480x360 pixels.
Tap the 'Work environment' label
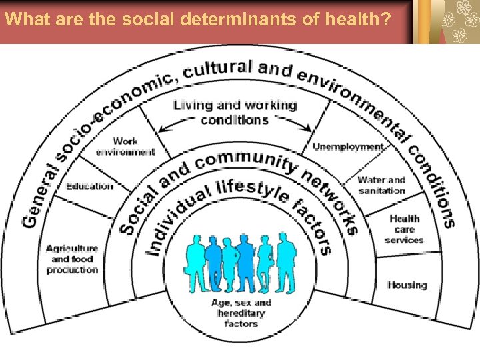[x=125, y=147]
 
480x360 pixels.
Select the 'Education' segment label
[x=89, y=186]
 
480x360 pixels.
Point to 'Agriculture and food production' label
[x=72, y=259]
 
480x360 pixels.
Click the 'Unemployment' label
[x=348, y=147]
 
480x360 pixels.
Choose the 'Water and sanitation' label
[x=381, y=185]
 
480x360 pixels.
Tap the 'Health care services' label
[x=404, y=229]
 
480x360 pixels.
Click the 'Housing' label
[x=407, y=285]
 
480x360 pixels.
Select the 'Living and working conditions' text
[x=235, y=112]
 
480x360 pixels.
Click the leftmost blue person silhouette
[x=195, y=262]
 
